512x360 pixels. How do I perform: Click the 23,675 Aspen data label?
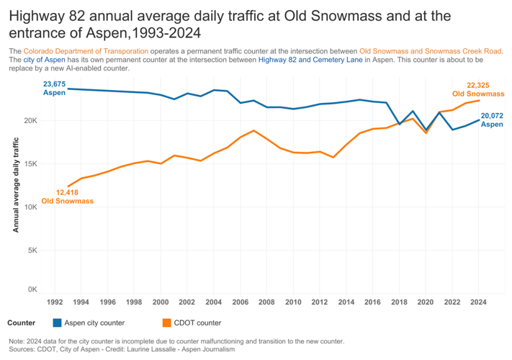(55, 89)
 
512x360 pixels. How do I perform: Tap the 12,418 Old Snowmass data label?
(68, 197)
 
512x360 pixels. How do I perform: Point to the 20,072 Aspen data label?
(492, 120)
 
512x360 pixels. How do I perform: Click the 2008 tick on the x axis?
(266, 303)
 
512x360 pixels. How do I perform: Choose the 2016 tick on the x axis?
(372, 303)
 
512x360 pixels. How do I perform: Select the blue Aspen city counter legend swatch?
(58, 323)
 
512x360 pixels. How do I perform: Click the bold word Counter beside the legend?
(21, 323)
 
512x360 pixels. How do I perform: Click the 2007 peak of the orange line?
(253, 130)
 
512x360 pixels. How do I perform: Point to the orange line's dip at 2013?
(333, 157)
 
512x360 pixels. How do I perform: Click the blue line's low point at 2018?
(400, 124)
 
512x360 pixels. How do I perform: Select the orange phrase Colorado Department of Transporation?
(86, 51)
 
